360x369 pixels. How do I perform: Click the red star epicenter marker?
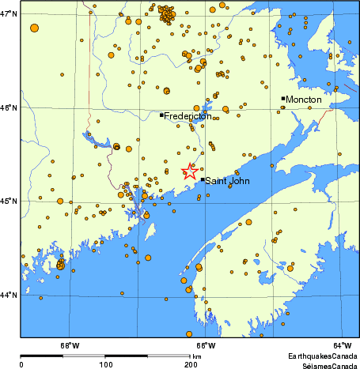pyautogui.click(x=190, y=171)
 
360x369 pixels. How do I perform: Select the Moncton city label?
pyautogui.click(x=304, y=100)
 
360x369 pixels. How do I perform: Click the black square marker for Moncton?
pyautogui.click(x=282, y=99)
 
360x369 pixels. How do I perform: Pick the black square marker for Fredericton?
pyautogui.click(x=161, y=115)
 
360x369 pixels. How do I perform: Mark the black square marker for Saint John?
pyautogui.click(x=202, y=179)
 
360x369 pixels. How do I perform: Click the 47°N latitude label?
pyautogui.click(x=9, y=14)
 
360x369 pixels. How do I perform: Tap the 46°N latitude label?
pyautogui.click(x=9, y=107)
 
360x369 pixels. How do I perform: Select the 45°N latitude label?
pyautogui.click(x=9, y=201)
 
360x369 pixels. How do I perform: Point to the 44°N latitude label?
pyautogui.click(x=9, y=295)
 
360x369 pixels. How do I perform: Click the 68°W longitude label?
pyautogui.click(x=70, y=345)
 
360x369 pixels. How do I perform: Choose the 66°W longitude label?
pyautogui.click(x=205, y=345)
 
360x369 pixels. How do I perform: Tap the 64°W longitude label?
pyautogui.click(x=341, y=345)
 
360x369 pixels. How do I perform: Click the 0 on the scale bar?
pyautogui.click(x=21, y=364)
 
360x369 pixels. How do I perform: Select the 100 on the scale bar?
pyautogui.click(x=104, y=364)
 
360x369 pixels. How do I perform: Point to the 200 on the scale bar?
pyautogui.click(x=190, y=364)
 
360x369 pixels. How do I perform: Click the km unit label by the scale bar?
pyautogui.click(x=197, y=357)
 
